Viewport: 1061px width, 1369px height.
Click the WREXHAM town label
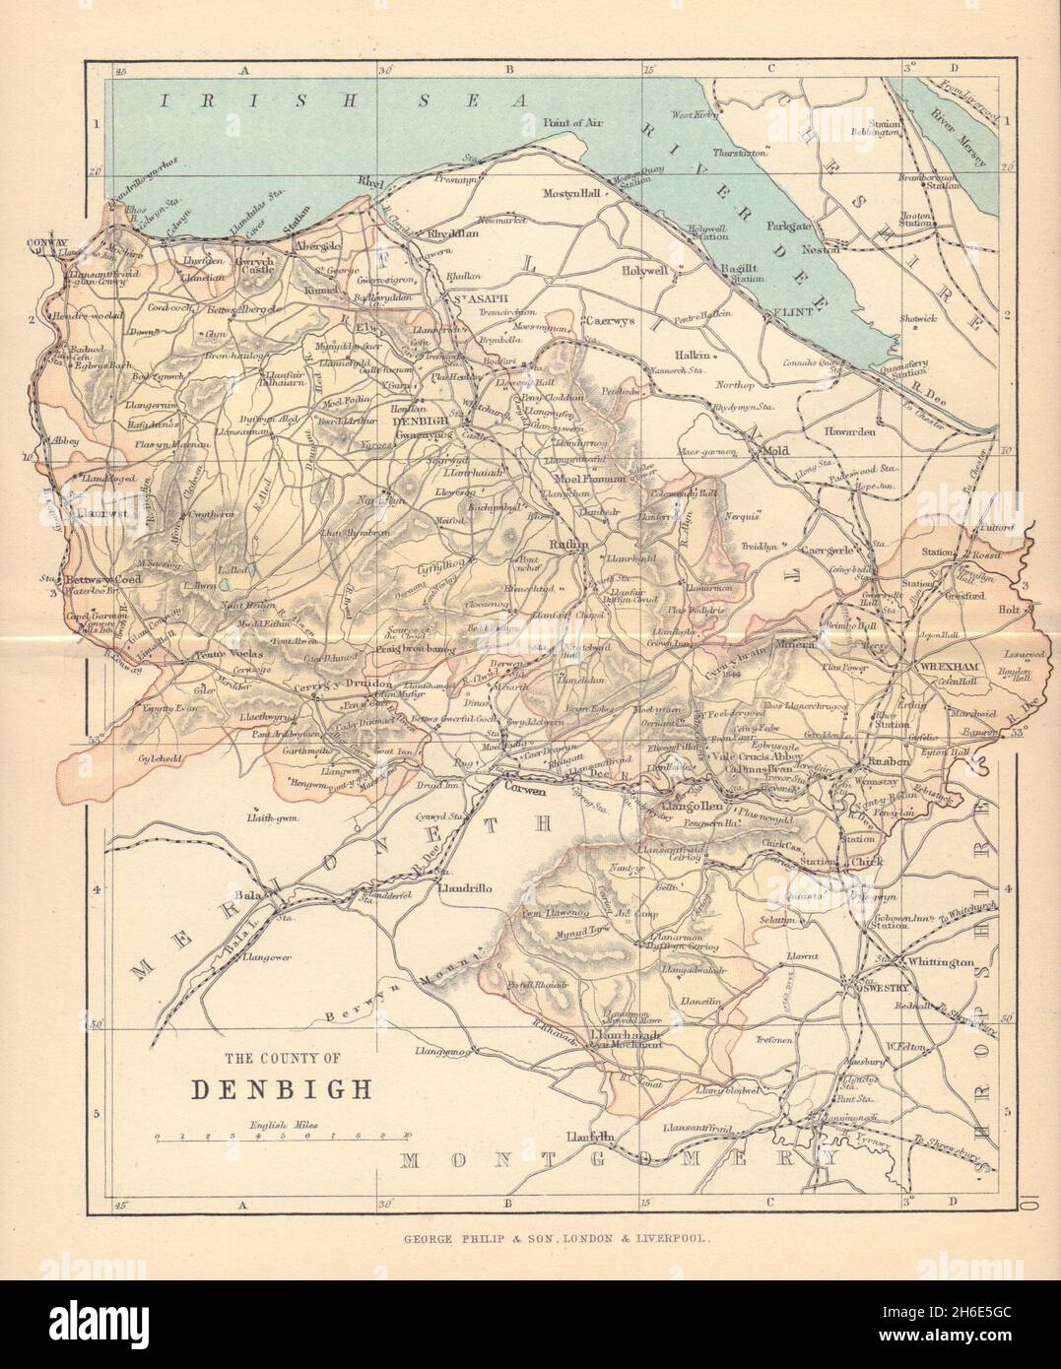947,667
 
